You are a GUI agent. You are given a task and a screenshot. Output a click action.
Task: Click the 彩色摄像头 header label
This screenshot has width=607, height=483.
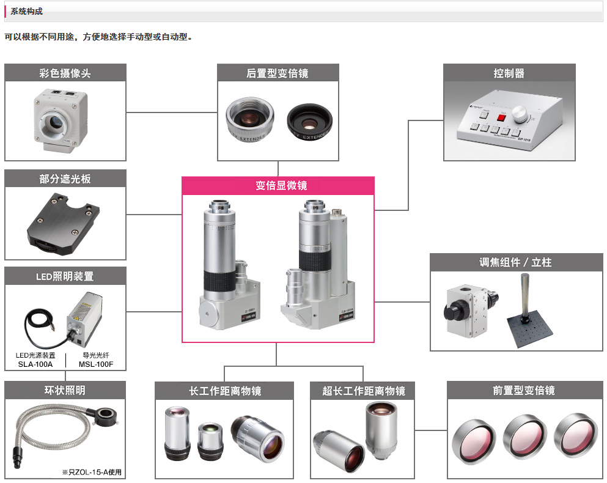point(65,73)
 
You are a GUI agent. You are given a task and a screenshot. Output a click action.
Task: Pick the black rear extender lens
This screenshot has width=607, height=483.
point(310,119)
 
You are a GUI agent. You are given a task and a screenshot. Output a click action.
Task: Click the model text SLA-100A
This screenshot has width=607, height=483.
point(35,365)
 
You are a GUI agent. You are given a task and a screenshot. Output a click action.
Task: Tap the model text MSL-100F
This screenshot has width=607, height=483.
point(95,365)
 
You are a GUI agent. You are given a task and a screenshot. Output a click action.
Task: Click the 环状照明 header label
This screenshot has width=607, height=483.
point(65,390)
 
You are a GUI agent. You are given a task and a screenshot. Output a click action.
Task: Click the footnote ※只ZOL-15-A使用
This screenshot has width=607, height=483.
point(92,472)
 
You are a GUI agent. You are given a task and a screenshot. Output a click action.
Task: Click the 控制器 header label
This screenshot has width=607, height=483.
point(509,73)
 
